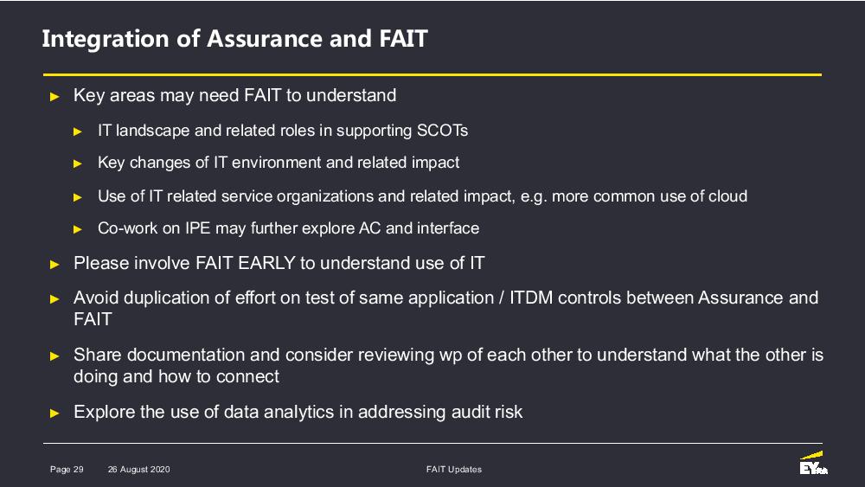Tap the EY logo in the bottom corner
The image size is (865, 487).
click(x=814, y=464)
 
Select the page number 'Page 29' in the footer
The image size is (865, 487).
click(x=67, y=470)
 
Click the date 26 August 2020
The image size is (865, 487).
click(x=139, y=470)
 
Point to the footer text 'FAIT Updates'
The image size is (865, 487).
click(x=454, y=470)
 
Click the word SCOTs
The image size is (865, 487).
click(x=442, y=131)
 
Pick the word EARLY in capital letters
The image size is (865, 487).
click(x=267, y=263)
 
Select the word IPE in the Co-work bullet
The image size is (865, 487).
click(x=197, y=228)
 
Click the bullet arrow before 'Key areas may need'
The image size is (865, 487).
click(x=54, y=97)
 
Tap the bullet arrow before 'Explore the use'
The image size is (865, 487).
click(x=54, y=413)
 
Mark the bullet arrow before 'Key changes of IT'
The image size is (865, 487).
click(x=78, y=163)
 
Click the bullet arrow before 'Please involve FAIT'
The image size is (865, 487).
click(x=54, y=265)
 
